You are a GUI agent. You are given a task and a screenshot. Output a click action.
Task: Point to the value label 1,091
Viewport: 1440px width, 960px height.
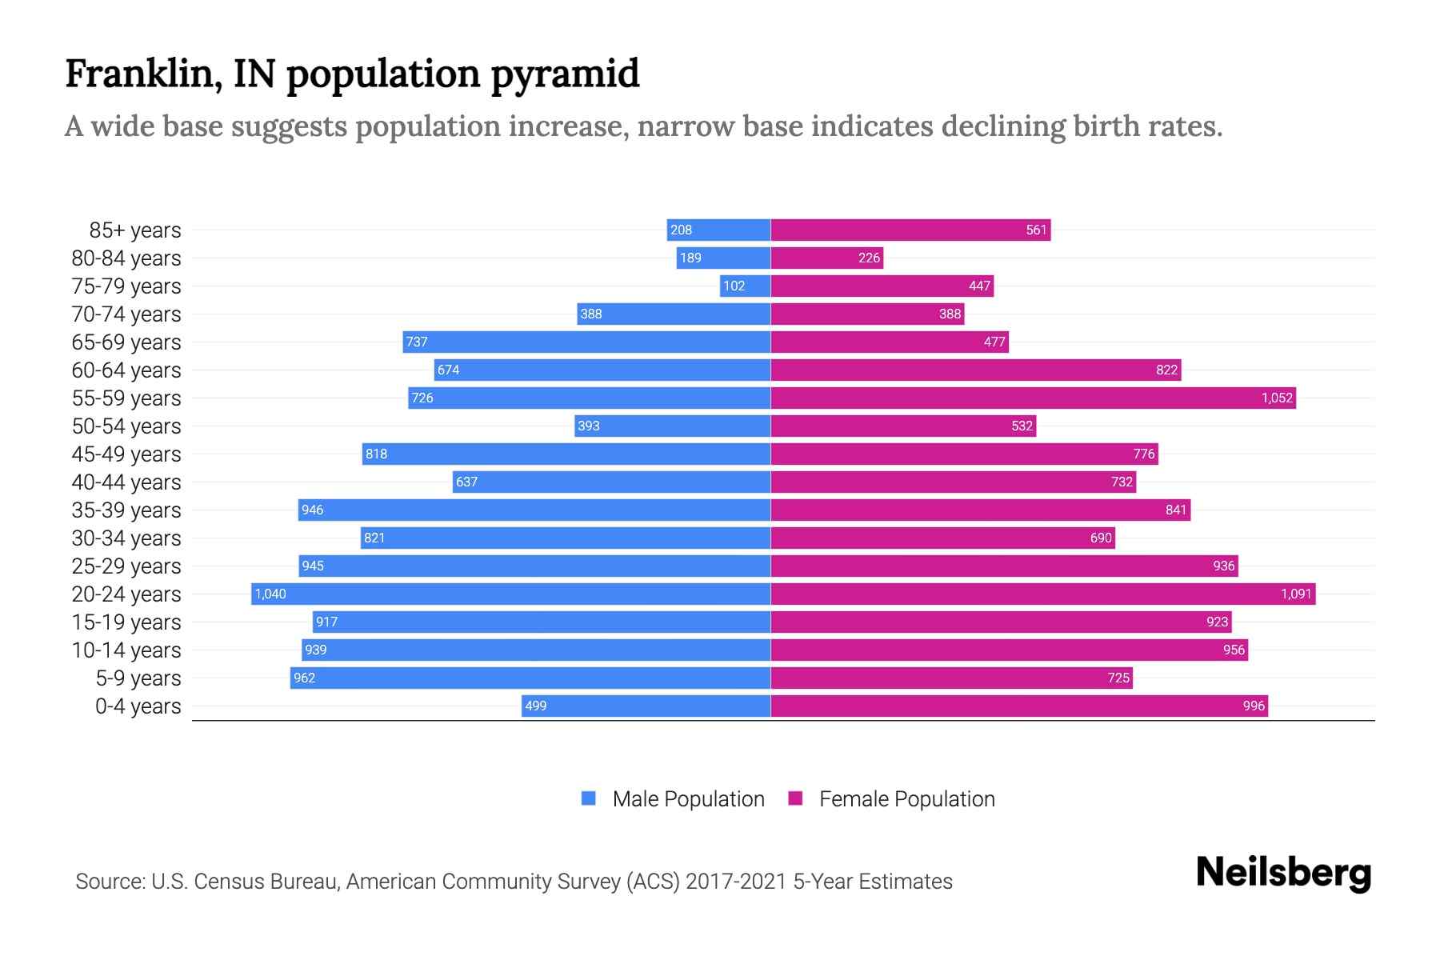click(x=1296, y=594)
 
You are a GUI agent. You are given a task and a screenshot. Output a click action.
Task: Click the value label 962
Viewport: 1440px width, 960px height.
click(x=304, y=678)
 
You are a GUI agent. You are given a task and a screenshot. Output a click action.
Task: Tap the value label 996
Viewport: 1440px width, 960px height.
click(x=1254, y=706)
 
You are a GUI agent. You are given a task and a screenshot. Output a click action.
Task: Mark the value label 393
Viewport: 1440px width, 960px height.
click(x=588, y=426)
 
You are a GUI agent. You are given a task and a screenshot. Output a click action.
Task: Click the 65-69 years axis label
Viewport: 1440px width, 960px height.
click(x=126, y=342)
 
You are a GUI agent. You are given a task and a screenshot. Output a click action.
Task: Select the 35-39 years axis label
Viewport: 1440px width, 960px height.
click(x=126, y=510)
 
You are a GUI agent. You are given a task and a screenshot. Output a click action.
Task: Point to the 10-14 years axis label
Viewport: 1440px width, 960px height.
click(x=126, y=650)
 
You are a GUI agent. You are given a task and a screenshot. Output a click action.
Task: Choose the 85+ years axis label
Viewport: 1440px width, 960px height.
click(x=135, y=230)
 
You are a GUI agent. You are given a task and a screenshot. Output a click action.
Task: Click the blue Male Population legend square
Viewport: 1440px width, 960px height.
click(x=589, y=798)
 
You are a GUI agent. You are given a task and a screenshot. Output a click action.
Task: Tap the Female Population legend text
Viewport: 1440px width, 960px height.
click(x=906, y=799)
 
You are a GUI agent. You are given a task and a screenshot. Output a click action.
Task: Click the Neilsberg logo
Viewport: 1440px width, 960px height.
click(x=1283, y=873)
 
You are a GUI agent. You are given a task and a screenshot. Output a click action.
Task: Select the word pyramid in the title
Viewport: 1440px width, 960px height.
click(x=565, y=74)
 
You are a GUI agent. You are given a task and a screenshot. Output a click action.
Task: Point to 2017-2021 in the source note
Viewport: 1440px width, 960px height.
click(x=736, y=882)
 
